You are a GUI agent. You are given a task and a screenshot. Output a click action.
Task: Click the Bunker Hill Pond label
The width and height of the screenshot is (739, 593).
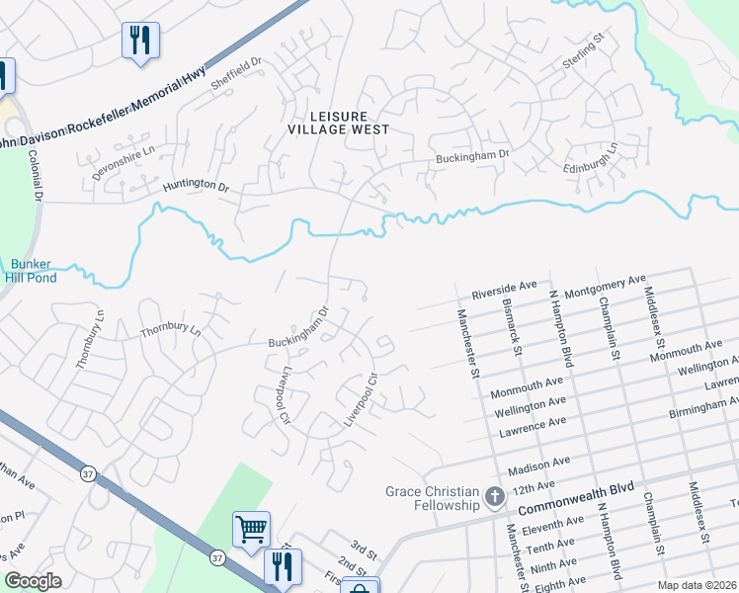pos(34,271)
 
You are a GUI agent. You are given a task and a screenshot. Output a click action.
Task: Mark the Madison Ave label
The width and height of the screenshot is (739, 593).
pos(538,462)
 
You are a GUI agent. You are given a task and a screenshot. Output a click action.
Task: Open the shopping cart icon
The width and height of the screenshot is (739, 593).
pos(251,528)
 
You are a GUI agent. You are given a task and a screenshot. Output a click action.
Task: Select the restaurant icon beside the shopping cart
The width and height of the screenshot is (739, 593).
pos(283,564)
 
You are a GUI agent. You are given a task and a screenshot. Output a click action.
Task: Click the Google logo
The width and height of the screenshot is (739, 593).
pos(33,581)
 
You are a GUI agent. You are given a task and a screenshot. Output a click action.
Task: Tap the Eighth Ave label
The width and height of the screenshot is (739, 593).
pos(558,584)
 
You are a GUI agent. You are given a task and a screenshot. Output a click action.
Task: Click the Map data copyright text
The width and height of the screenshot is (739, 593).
pos(697,585)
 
